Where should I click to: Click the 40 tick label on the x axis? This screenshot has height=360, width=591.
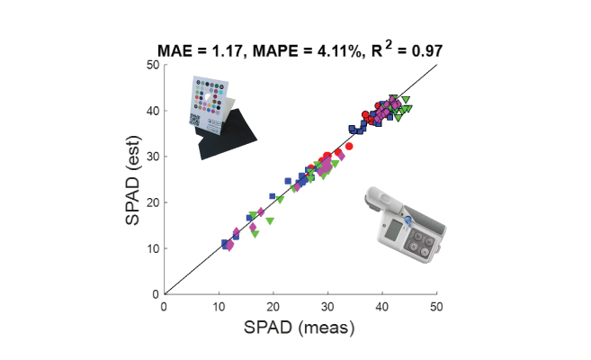383,305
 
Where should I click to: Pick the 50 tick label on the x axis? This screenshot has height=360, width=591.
437,305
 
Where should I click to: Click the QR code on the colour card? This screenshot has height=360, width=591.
197,118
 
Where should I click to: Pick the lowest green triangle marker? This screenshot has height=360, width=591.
255,233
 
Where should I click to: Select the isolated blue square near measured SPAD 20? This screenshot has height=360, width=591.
273,195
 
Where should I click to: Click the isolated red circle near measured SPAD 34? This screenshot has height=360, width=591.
350,146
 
